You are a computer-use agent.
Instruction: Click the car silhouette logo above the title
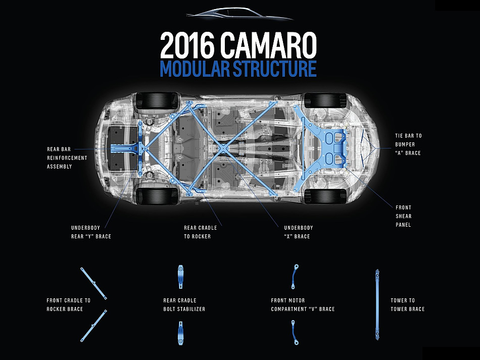tap(240, 15)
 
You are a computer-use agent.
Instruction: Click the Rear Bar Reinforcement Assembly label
tap(67, 158)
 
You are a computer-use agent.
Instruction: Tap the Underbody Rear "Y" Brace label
tap(91, 232)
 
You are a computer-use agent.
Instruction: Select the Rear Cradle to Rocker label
tap(200, 232)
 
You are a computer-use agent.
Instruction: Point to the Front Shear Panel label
tap(403, 216)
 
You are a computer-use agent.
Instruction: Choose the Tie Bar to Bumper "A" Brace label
tap(408, 144)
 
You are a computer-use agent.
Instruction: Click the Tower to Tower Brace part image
tap(377, 305)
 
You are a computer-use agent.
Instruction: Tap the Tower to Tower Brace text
tap(407, 304)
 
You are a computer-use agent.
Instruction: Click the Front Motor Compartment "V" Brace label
tap(303, 304)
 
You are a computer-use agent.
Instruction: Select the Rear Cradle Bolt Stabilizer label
tap(184, 304)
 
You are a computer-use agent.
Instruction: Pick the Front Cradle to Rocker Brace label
tap(69, 304)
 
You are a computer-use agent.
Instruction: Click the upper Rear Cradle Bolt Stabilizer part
tap(180, 276)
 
